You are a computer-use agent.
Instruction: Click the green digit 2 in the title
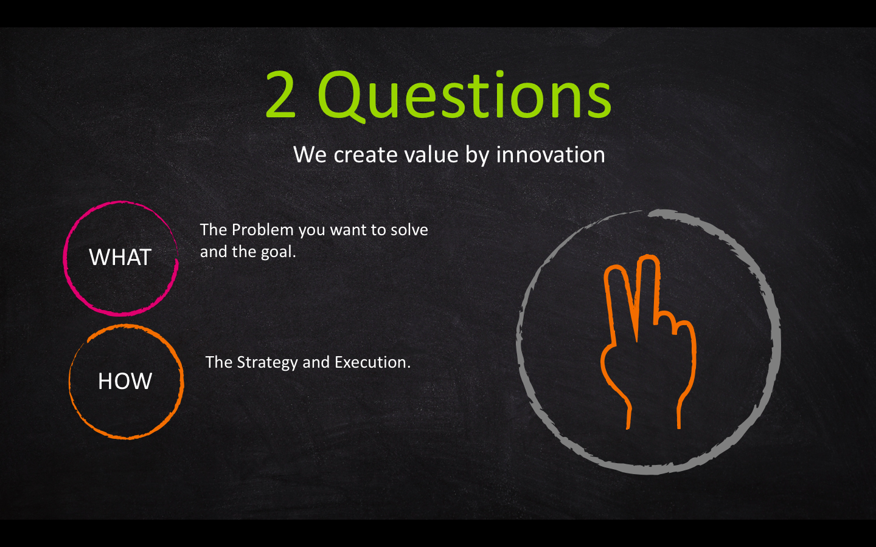click(x=280, y=94)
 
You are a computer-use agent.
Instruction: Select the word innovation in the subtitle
click(x=551, y=154)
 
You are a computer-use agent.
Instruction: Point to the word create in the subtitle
click(x=365, y=155)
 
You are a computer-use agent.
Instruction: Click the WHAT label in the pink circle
click(x=120, y=257)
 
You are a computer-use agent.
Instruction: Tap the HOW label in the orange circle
click(x=125, y=381)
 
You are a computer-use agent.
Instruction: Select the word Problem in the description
click(x=262, y=230)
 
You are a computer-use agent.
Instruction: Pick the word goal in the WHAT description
click(x=279, y=252)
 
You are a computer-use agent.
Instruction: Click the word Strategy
click(x=267, y=363)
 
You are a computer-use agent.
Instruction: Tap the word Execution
click(x=373, y=362)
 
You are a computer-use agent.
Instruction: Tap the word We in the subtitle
click(x=310, y=154)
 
